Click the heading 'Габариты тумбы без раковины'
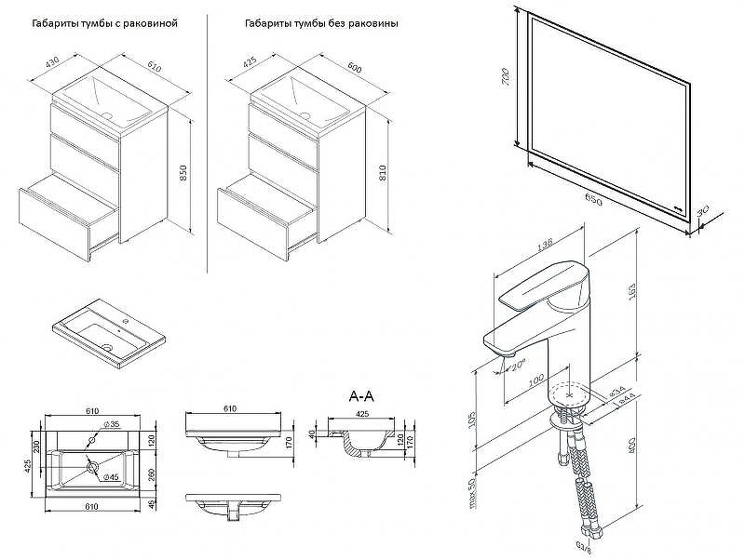pos(321,24)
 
